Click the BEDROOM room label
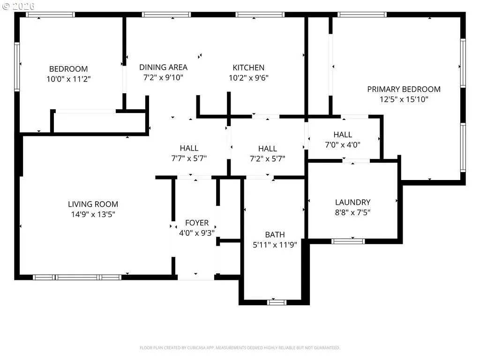[x=68, y=69]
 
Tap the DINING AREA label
[x=163, y=67]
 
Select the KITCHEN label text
[x=248, y=67]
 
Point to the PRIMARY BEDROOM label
[x=404, y=90]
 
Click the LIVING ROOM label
[x=93, y=204]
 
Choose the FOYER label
[x=197, y=223]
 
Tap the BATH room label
[x=275, y=235]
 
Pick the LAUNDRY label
[x=352, y=202]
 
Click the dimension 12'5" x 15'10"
[x=404, y=99]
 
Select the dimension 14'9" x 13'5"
[x=93, y=214]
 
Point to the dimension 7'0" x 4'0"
[x=343, y=145]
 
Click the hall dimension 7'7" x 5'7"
[x=189, y=158]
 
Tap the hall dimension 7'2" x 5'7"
[x=268, y=158]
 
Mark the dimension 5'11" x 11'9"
[x=275, y=245]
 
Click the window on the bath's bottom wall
[x=277, y=302]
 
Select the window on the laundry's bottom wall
[x=348, y=241]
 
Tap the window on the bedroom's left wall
[x=17, y=67]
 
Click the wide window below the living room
[x=77, y=277]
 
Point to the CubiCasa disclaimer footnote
[x=240, y=348]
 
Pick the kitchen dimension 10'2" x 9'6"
[x=248, y=78]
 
